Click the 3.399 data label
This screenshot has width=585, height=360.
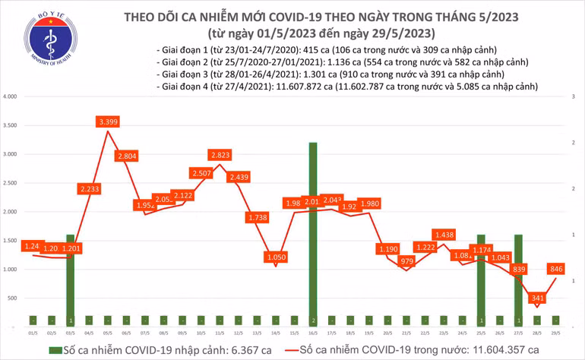tap(106, 122)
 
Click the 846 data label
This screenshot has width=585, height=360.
tap(557, 268)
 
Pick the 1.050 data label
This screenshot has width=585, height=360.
tap(276, 257)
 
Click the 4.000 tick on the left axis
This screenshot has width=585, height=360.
tap(10, 97)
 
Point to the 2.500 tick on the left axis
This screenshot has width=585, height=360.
tap(10, 184)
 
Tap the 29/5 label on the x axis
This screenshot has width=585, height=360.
tap(557, 332)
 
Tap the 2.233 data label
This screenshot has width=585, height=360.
tap(89, 188)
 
